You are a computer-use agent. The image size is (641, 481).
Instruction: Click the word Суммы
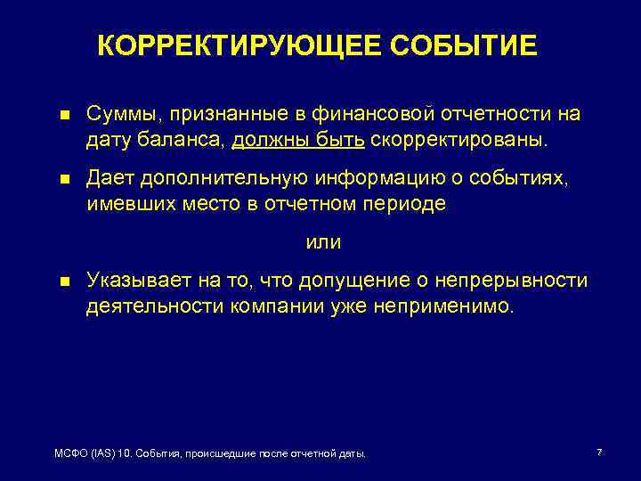118,114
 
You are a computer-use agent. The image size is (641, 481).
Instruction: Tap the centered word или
323,242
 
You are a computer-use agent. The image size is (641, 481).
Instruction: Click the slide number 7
599,453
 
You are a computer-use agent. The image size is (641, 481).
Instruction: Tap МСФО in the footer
69,454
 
